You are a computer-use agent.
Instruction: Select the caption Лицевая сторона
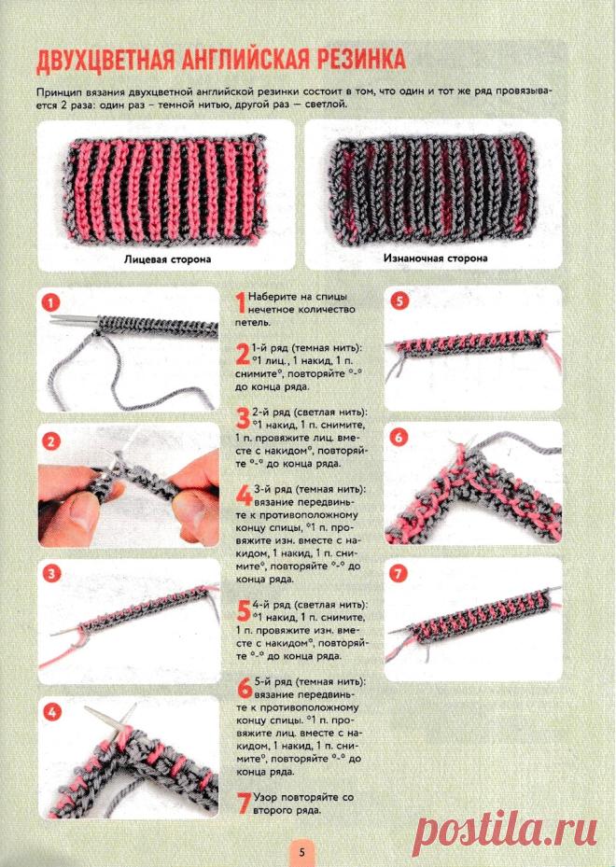(167, 259)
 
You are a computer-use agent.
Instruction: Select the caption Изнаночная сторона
(435, 258)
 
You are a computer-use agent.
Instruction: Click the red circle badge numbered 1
(51, 303)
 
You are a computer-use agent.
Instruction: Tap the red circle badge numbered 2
(51, 441)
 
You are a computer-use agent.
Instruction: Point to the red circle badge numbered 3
(51, 574)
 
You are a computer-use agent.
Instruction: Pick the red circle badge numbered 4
(51, 712)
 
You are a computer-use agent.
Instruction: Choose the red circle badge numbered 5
(399, 301)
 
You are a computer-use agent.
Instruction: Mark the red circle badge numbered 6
(399, 438)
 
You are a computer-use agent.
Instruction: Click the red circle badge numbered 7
(398, 573)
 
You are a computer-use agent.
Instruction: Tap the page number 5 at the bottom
(301, 852)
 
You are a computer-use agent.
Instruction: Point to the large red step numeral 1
(241, 303)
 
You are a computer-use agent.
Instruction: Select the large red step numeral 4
(244, 496)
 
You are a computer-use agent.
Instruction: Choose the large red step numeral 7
(244, 803)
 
